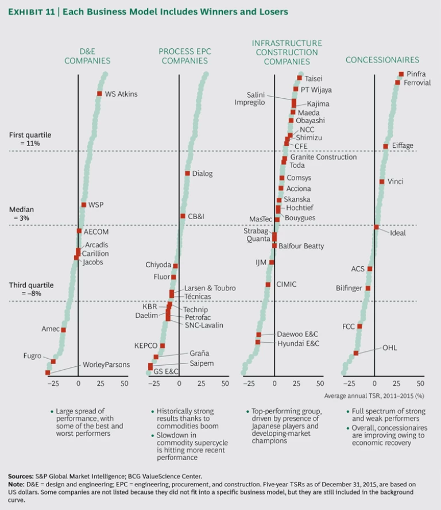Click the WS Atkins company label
click(x=121, y=94)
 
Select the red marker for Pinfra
click(x=401, y=74)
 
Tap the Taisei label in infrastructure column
click(x=314, y=78)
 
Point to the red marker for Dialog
click(x=187, y=173)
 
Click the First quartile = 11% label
click(x=30, y=139)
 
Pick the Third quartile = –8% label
click(x=31, y=289)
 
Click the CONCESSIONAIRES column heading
click(x=382, y=60)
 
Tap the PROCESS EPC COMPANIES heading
click(x=185, y=56)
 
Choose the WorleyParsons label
click(x=106, y=365)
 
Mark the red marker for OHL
click(x=356, y=353)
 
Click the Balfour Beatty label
click(x=301, y=246)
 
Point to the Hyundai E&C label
click(x=298, y=343)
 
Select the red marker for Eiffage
click(x=386, y=146)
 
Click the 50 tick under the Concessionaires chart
click(x=420, y=383)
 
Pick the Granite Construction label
click(x=323, y=157)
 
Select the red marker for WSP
click(x=84, y=205)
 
